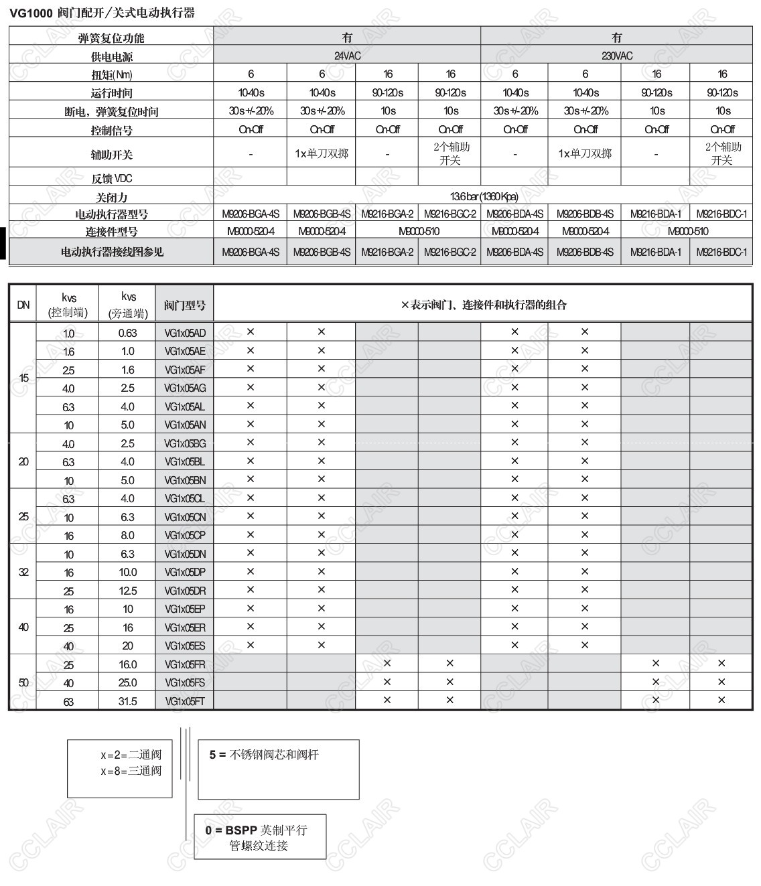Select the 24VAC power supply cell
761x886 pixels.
click(x=347, y=56)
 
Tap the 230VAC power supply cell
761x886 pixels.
click(x=616, y=56)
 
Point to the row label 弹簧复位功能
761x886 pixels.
click(x=111, y=38)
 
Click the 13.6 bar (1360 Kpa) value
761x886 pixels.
click(x=484, y=196)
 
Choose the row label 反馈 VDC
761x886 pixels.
click(x=111, y=178)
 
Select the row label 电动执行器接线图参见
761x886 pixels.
click(x=111, y=252)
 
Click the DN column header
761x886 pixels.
click(x=23, y=305)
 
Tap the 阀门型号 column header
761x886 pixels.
click(x=184, y=305)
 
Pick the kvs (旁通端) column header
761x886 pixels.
click(x=127, y=305)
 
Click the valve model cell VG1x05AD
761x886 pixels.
click(x=185, y=333)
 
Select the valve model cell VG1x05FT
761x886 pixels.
click(x=185, y=701)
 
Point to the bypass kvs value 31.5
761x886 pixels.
click(x=127, y=701)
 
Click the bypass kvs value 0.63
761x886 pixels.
click(x=127, y=333)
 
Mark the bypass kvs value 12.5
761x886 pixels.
click(x=127, y=591)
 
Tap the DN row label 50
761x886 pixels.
click(x=23, y=682)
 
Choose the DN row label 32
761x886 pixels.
click(x=23, y=572)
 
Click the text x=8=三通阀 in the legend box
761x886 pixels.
click(x=131, y=771)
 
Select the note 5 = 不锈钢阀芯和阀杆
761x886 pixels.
click(x=264, y=755)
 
